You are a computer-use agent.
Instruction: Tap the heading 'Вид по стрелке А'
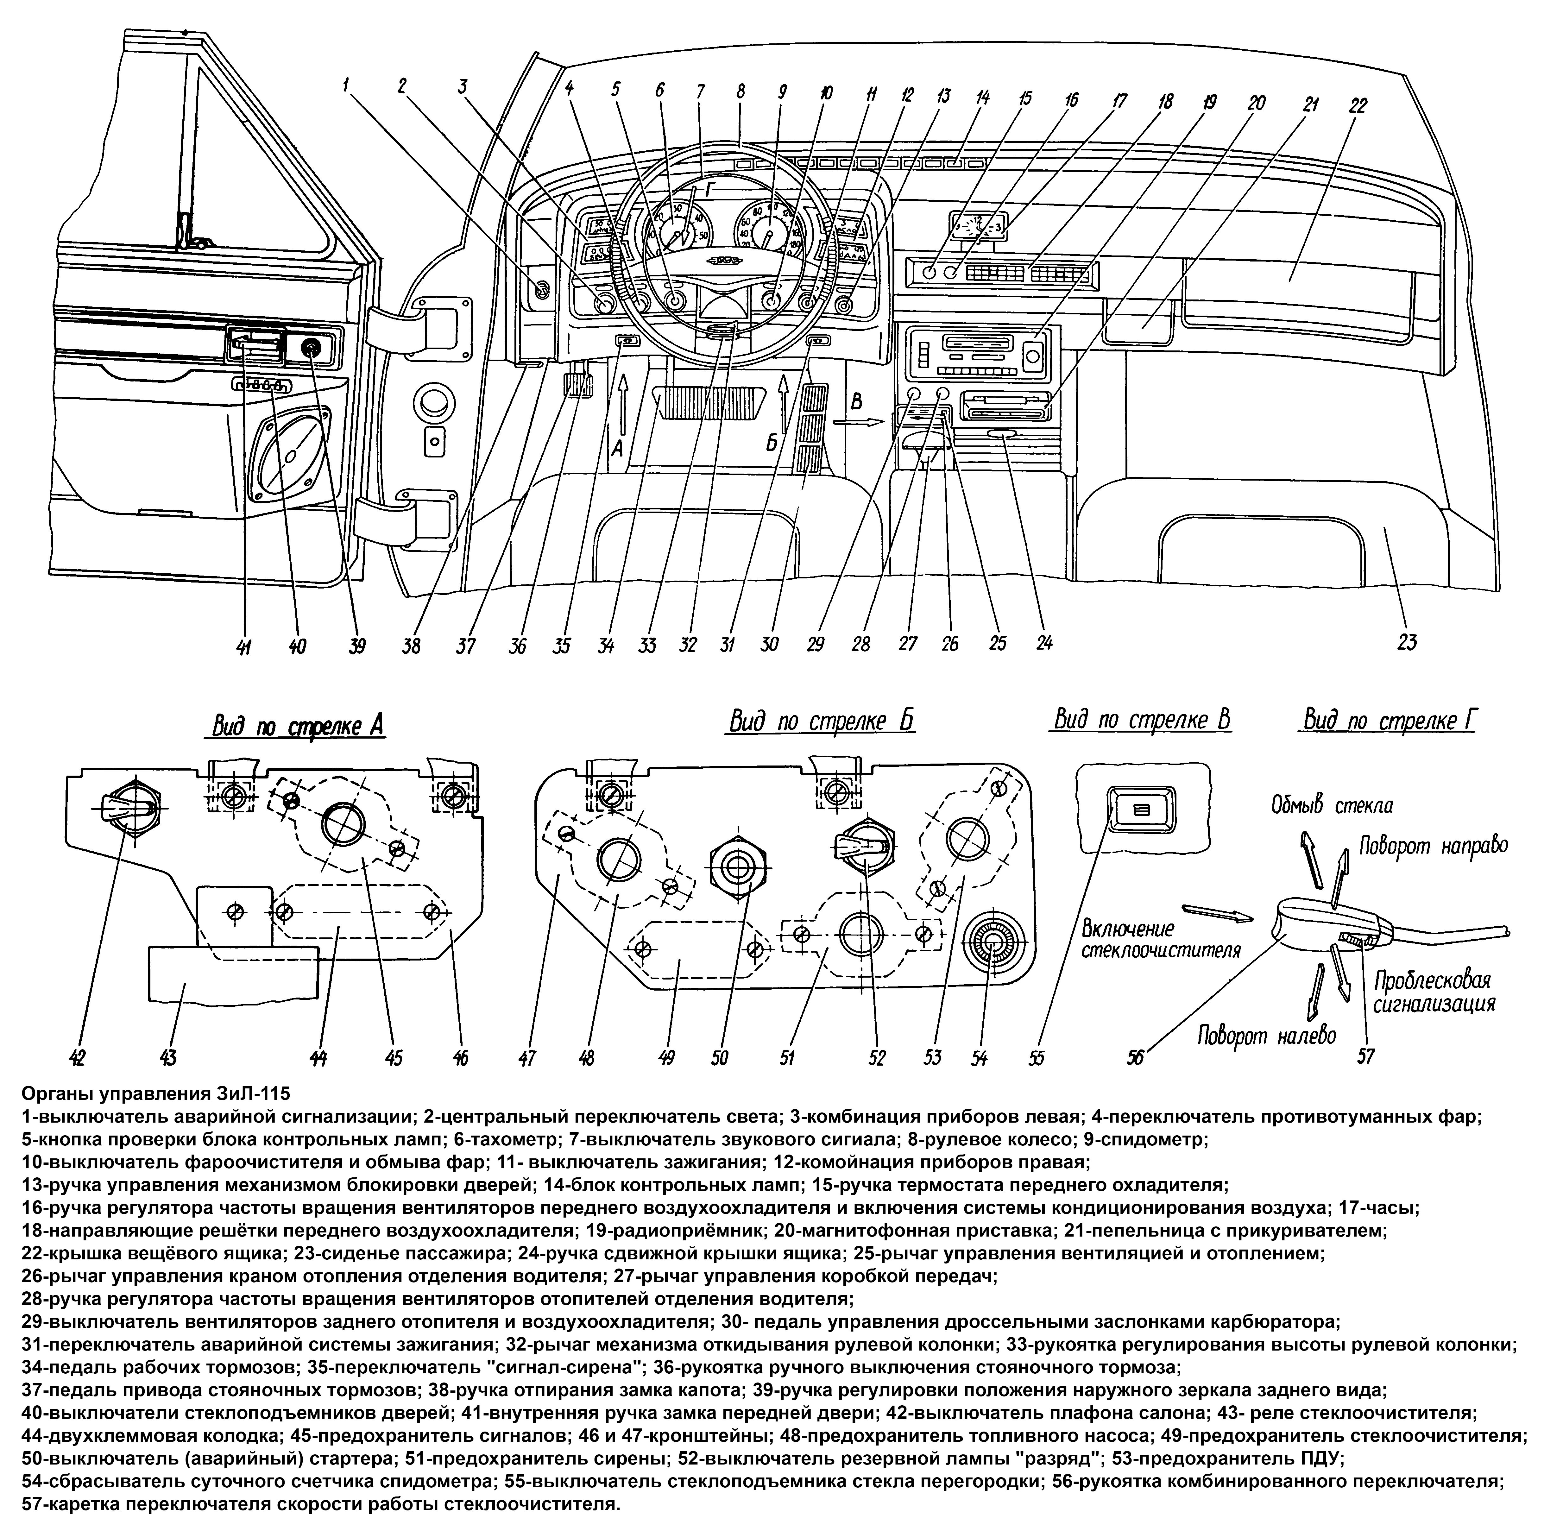click(x=298, y=725)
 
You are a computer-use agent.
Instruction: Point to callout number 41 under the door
click(x=244, y=646)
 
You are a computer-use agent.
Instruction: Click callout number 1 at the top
click(x=346, y=85)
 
